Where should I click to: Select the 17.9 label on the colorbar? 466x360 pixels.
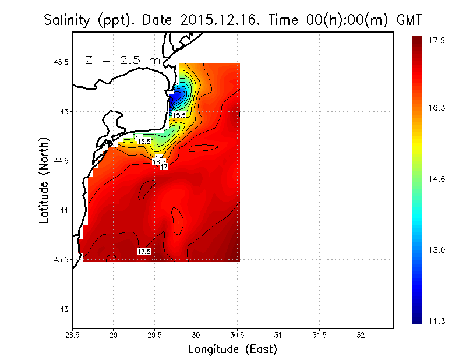pos(436,40)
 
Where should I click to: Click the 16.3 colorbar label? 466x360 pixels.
pos(436,108)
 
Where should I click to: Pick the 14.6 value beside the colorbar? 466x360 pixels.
pos(436,179)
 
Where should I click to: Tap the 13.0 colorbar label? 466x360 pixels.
pos(436,250)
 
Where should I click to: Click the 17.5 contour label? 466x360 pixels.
pos(144,251)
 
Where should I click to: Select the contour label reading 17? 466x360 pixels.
pos(164,167)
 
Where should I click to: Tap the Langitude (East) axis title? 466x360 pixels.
pos(232,350)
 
